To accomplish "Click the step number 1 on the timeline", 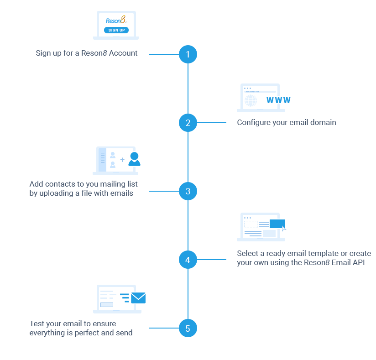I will [x=188, y=54].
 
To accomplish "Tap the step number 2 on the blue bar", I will [x=188, y=123].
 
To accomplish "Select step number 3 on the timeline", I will [x=188, y=191].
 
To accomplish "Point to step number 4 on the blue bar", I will [x=188, y=260].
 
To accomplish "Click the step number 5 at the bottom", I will [x=188, y=329].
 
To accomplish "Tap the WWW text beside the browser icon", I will [x=278, y=100].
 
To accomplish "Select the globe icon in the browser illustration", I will [x=251, y=100].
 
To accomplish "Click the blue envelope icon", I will [x=138, y=298].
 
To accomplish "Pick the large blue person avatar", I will [x=134, y=159].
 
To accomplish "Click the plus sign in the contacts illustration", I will [x=122, y=160].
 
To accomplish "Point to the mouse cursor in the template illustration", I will [x=284, y=228].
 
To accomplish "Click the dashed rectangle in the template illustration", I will [x=251, y=224].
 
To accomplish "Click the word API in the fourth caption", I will [x=358, y=262].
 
